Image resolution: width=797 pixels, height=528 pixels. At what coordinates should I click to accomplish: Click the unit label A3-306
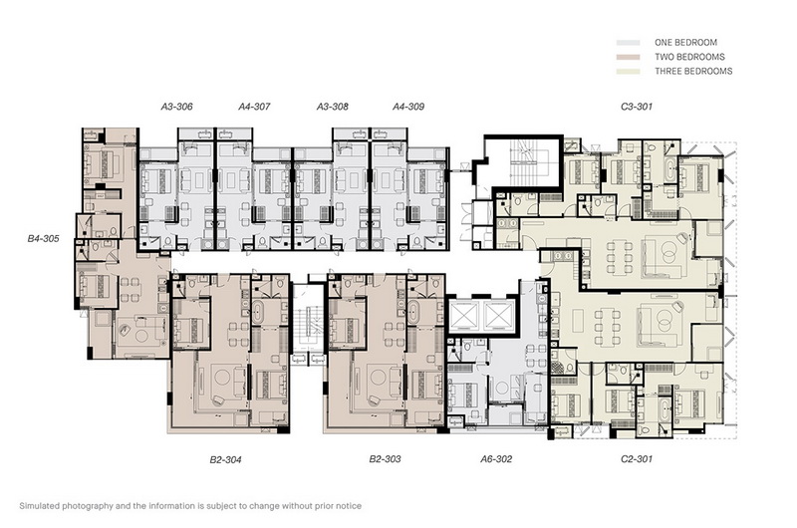click(x=177, y=107)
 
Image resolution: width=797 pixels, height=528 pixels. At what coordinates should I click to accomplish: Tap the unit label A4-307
click(x=254, y=107)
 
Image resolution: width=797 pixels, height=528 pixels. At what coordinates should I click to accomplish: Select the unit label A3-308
click(x=333, y=107)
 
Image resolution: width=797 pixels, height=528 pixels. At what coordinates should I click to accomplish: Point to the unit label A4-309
click(x=408, y=107)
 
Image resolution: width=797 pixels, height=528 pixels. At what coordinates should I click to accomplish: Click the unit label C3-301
click(x=637, y=107)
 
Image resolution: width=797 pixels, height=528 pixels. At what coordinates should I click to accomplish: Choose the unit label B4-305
click(x=43, y=238)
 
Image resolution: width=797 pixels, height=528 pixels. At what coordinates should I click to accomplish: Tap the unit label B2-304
click(x=226, y=460)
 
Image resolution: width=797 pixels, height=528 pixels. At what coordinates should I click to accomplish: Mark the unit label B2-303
click(x=385, y=459)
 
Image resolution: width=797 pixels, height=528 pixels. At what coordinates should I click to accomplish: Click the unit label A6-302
click(x=496, y=459)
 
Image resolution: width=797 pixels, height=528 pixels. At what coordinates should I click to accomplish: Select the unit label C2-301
click(x=637, y=459)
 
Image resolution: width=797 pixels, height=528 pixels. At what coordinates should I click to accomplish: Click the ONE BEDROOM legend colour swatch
click(x=629, y=43)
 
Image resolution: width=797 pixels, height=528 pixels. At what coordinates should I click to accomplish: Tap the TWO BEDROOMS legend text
click(x=689, y=57)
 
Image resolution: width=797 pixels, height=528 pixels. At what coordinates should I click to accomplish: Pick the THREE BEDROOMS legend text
click(x=693, y=71)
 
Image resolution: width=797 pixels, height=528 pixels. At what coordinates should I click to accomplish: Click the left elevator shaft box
click(x=462, y=316)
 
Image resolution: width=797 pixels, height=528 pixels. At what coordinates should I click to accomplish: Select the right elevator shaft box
click(x=498, y=316)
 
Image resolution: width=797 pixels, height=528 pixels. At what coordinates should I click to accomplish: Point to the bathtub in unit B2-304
click(x=258, y=311)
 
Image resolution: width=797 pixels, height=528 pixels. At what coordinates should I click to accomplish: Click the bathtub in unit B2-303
click(x=413, y=311)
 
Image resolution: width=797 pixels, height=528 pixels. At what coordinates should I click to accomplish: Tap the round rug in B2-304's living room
click(x=222, y=377)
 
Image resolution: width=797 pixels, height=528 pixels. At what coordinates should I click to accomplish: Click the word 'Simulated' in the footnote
click(x=39, y=506)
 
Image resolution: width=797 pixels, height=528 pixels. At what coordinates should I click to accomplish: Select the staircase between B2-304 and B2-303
click(x=309, y=324)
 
